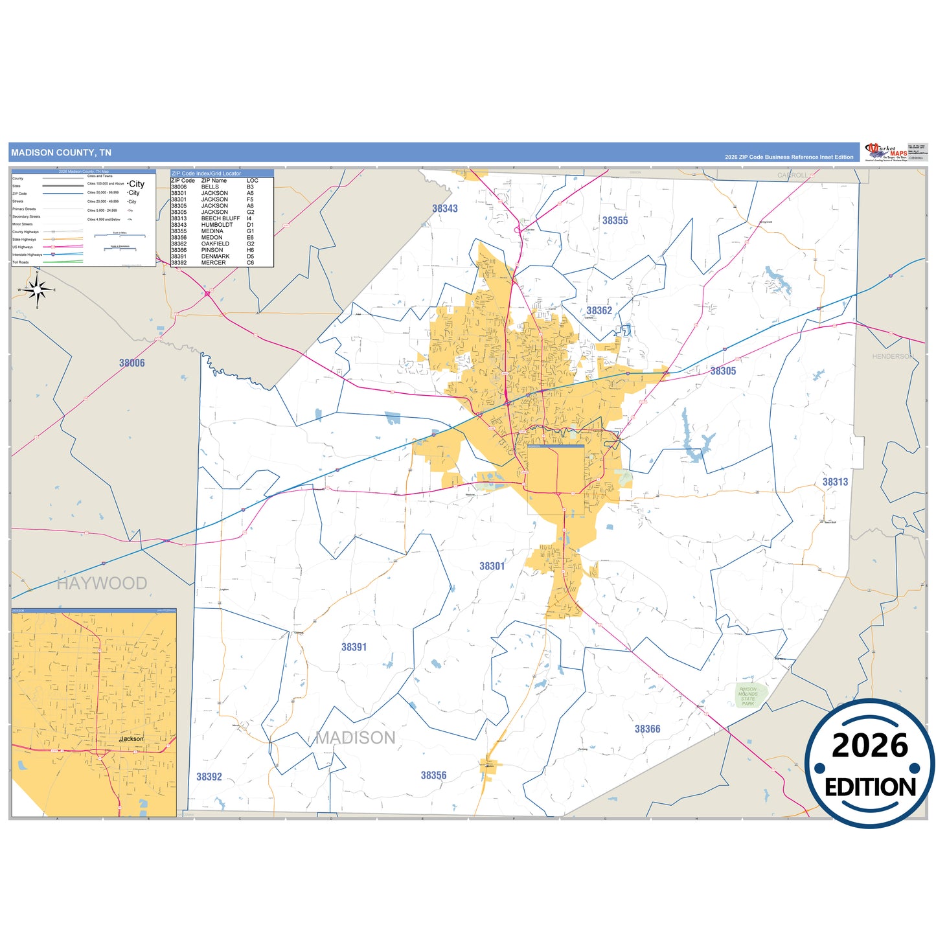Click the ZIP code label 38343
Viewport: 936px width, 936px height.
click(445, 209)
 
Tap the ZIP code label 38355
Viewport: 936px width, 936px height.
click(615, 221)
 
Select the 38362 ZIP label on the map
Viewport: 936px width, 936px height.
click(599, 311)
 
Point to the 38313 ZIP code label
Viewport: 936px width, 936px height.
click(835, 482)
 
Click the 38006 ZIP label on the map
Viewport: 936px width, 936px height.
click(132, 363)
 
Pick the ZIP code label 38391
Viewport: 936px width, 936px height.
click(354, 647)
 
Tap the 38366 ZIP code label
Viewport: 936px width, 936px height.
click(647, 729)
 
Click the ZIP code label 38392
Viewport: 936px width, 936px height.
click(209, 777)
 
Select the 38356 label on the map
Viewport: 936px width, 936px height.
click(433, 775)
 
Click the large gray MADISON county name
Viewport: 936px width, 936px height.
click(356, 738)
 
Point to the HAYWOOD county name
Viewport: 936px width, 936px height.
click(102, 583)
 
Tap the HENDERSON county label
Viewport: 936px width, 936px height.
click(893, 357)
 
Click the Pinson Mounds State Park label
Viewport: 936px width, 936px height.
click(748, 696)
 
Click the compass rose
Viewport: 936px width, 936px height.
click(38, 290)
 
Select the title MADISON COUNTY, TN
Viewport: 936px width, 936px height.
click(61, 153)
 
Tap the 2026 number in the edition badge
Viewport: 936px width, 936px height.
click(870, 746)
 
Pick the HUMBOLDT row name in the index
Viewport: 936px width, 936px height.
click(217, 225)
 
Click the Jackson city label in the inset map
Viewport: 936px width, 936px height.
click(132, 739)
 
